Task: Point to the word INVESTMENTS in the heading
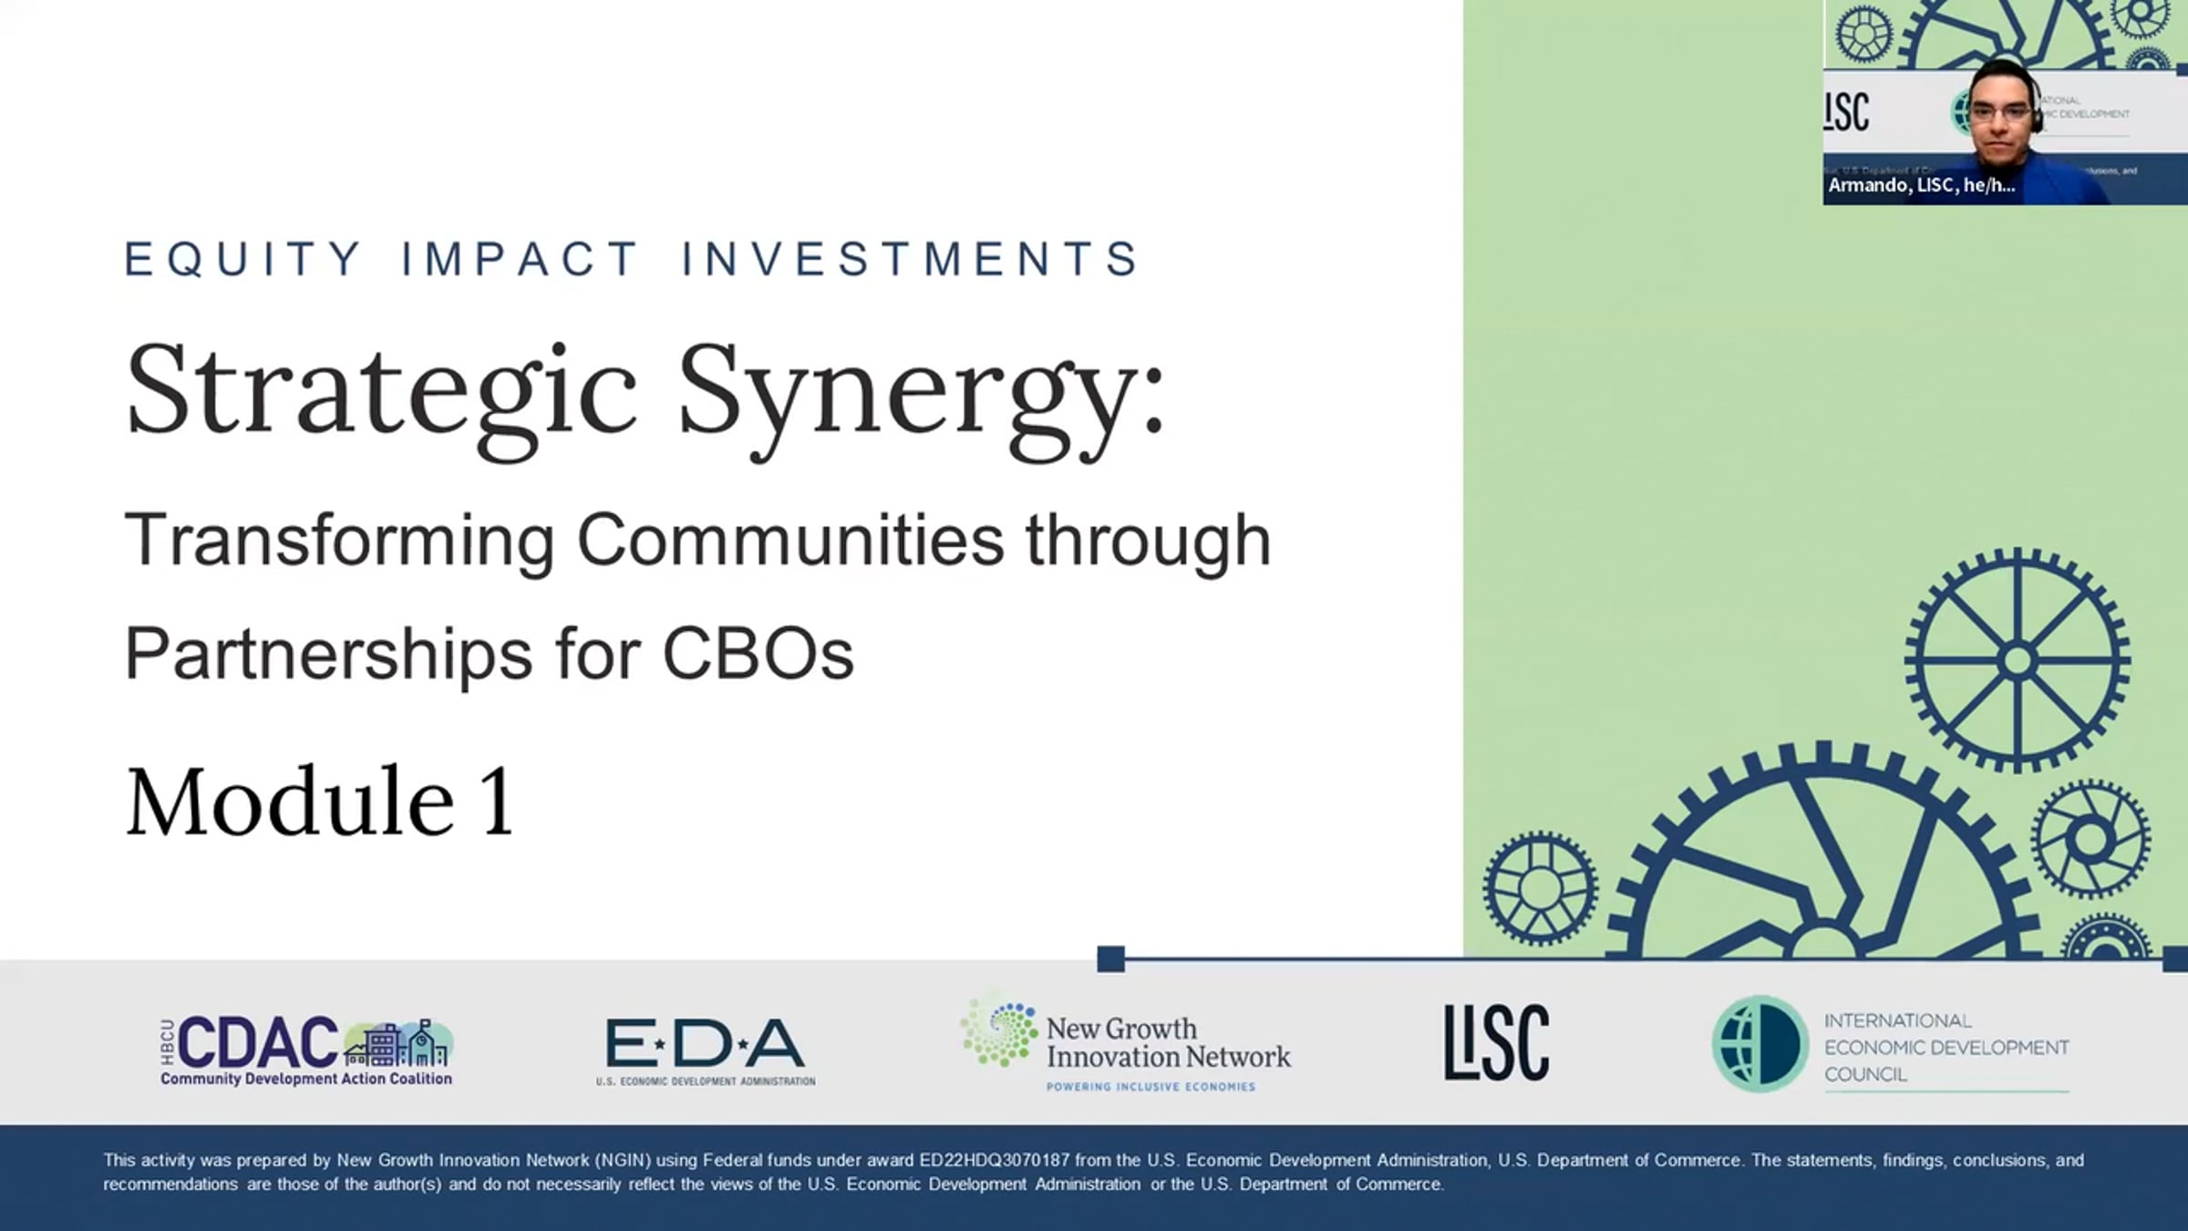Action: point(911,259)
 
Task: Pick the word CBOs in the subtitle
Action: point(759,653)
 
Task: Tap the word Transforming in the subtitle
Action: point(339,542)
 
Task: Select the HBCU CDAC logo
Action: point(306,1051)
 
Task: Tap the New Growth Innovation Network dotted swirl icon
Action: point(999,1034)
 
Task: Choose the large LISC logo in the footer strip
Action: point(1496,1043)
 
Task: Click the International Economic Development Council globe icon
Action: point(1760,1044)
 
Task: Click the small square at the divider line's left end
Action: point(1110,959)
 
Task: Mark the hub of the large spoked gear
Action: point(2018,660)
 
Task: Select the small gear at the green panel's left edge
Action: point(1540,888)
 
